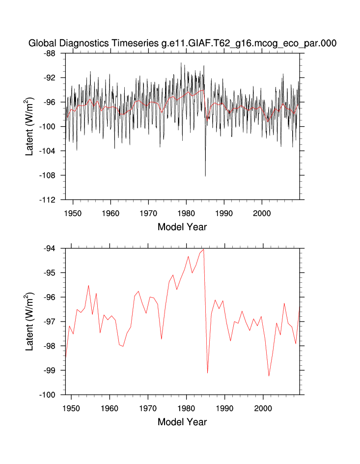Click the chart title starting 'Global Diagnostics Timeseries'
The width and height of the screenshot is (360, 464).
182,43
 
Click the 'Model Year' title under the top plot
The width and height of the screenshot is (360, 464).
182,227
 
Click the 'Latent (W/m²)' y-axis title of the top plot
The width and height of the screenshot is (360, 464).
29,127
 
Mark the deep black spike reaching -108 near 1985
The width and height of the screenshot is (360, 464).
205,175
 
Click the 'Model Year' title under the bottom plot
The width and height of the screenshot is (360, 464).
182,422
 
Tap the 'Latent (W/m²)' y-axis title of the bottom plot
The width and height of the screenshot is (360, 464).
29,322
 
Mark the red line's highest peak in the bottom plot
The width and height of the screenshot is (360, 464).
203,249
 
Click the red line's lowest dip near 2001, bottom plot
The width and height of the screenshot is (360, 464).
269,376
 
